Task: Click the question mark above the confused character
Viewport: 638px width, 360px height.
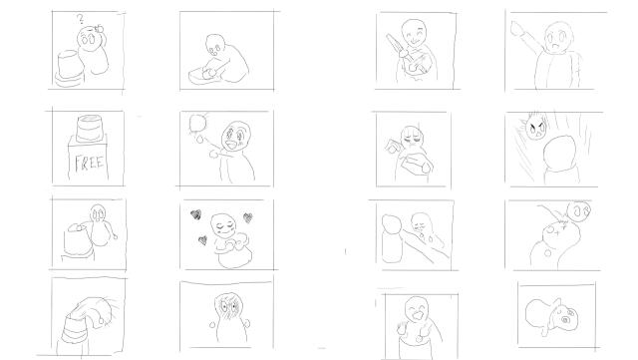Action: (x=81, y=19)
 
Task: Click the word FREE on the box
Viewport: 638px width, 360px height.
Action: (x=90, y=163)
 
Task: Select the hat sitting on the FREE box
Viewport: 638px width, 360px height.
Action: (x=90, y=128)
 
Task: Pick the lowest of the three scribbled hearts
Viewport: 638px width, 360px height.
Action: (x=202, y=240)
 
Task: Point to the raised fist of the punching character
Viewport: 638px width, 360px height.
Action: (x=517, y=28)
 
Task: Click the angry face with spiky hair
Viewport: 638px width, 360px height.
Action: (x=536, y=128)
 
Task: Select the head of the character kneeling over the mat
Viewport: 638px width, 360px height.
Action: (x=215, y=45)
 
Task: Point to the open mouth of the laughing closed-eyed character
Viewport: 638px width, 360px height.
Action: (x=417, y=315)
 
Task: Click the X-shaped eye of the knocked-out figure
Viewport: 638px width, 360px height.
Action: (x=562, y=228)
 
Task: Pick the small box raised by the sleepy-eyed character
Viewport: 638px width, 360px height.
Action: (x=392, y=146)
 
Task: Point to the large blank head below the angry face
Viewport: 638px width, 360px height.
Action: (x=559, y=154)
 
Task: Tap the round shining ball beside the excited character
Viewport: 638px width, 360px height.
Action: (x=196, y=123)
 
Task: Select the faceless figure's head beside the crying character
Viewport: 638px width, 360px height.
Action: (x=392, y=226)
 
